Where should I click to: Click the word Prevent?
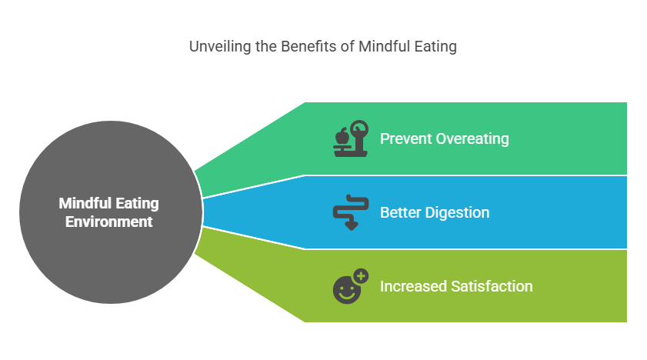click(x=405, y=139)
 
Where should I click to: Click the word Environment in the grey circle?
click(x=109, y=222)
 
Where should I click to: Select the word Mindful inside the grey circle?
click(x=86, y=204)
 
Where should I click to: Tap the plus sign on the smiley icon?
click(x=361, y=275)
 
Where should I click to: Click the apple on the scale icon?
click(x=342, y=136)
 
